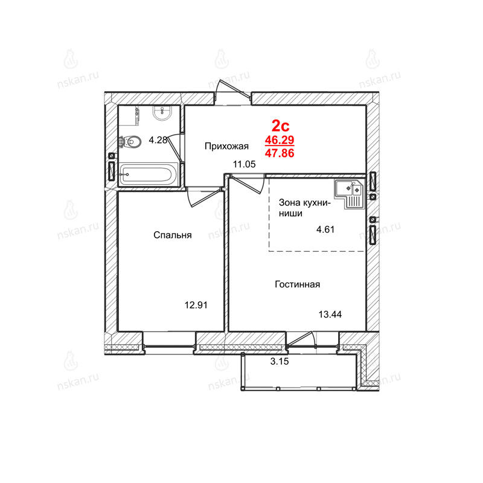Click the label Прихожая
pos(226,146)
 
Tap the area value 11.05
pos(245,164)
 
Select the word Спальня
pos(173,235)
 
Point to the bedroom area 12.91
pos(196,305)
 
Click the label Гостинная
pos(297,284)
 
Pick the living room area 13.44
pos(330,314)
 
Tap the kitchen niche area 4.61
pos(325,229)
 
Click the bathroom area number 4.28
pos(158,140)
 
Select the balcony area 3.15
pos(280,361)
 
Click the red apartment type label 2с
pos(280,126)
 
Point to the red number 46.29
pos(280,140)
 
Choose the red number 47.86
pos(280,153)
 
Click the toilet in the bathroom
pos(130,142)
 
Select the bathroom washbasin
pos(162,114)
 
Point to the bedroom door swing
pos(205,198)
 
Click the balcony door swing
pos(301,339)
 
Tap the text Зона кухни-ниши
pos(304,208)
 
